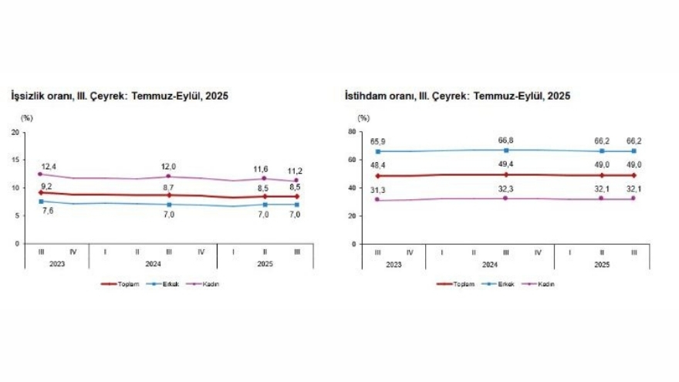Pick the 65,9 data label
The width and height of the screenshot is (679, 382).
coord(377,141)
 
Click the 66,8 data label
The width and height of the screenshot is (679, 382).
coord(506,140)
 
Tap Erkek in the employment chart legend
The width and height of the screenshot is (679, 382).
coord(505,283)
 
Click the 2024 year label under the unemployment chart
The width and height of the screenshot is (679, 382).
coord(153,263)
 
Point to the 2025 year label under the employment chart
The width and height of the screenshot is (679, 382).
coord(602,263)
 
